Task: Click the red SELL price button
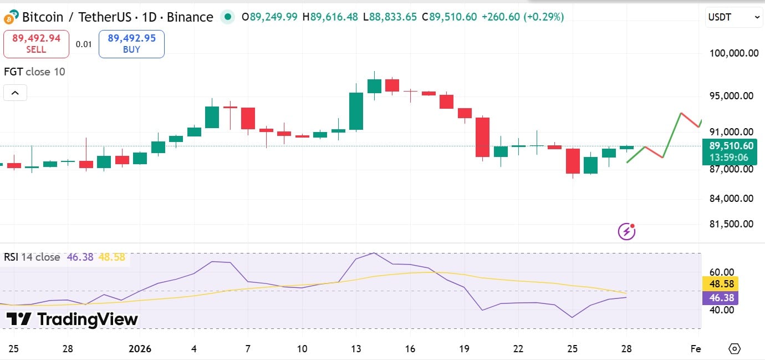36,44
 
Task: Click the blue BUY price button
131,44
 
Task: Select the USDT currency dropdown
734,18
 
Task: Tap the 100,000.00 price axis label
734,53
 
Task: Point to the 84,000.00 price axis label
731,199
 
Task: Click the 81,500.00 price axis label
731,224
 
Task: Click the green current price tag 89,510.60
731,151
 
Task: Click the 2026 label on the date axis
140,349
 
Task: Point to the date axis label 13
356,349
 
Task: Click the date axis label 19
465,349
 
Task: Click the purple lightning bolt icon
626,231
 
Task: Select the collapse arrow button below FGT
15,93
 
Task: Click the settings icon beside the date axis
735,349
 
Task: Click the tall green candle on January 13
356,111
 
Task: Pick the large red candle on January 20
482,137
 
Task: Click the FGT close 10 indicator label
34,72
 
